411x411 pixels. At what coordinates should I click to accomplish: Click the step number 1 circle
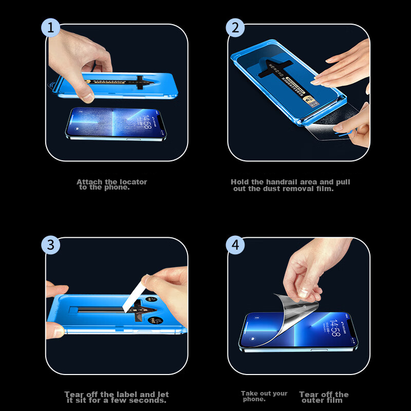tap(50, 28)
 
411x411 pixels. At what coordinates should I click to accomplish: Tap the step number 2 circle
tap(235, 28)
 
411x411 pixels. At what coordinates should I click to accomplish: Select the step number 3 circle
tap(50, 245)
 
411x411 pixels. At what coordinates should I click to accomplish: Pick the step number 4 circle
tap(235, 245)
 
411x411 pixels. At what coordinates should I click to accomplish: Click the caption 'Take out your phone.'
tap(264, 396)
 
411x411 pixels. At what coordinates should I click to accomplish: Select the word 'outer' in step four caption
tap(313, 401)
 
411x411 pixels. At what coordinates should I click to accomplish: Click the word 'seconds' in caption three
tap(148, 401)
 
